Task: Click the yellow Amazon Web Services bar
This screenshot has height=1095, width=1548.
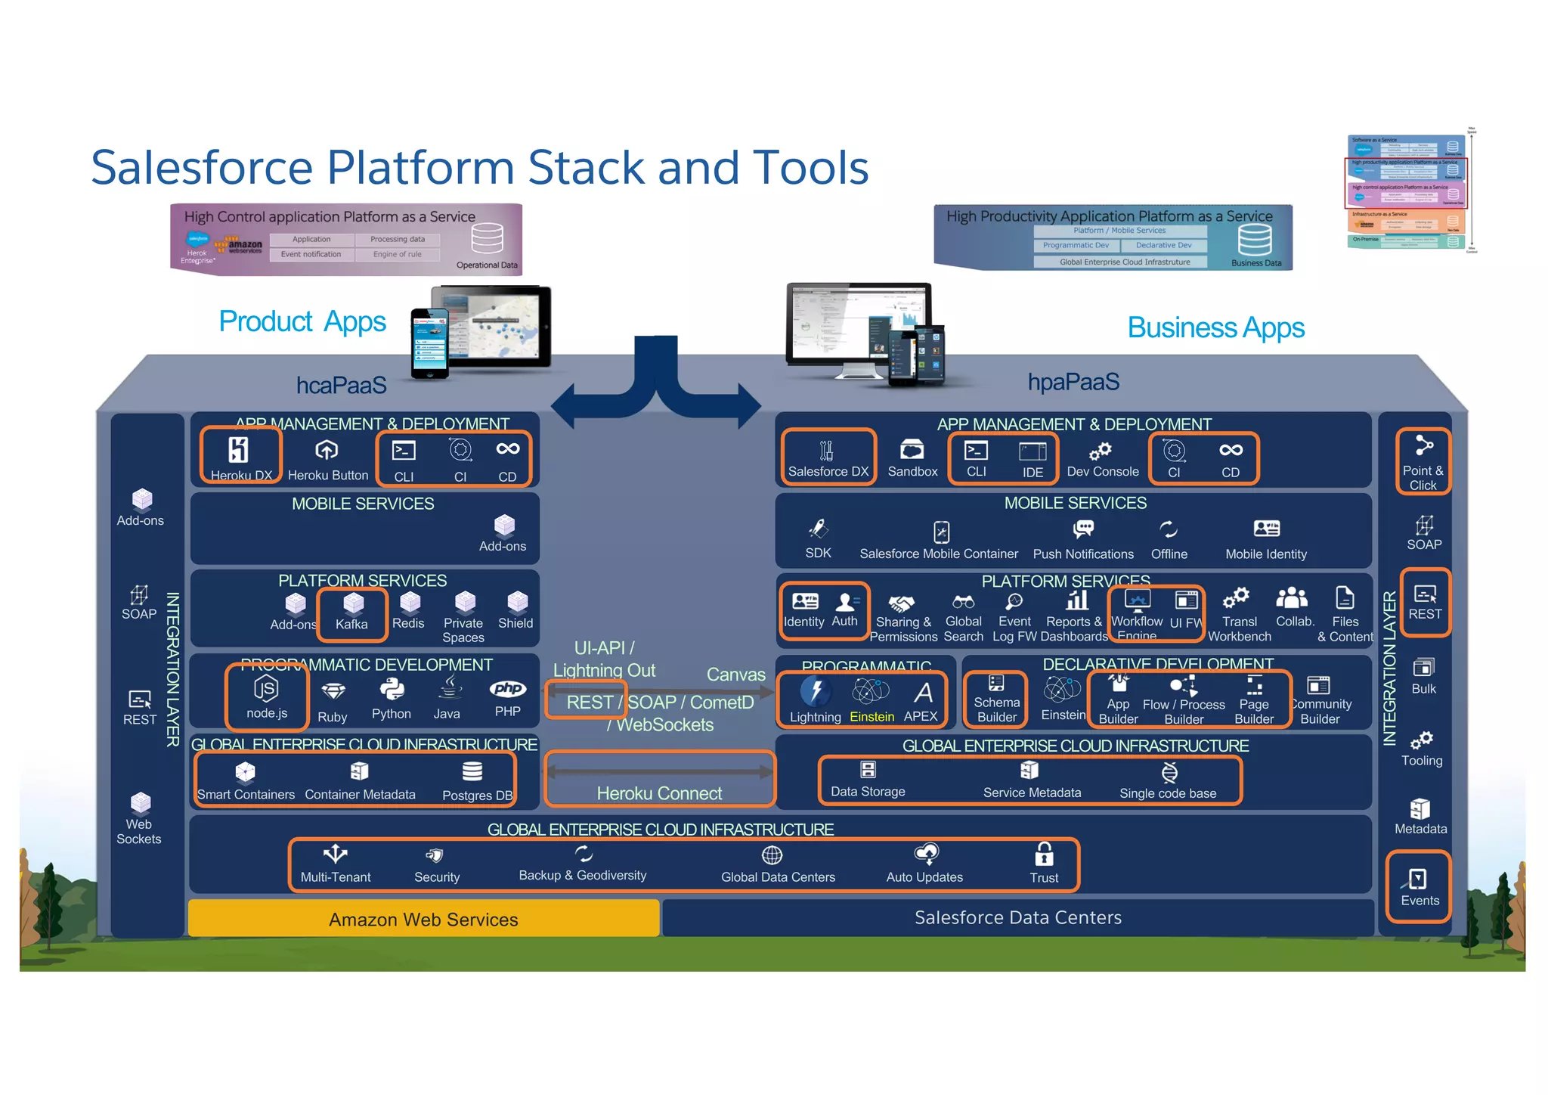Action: click(423, 919)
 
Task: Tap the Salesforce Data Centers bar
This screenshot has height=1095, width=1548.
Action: click(1017, 917)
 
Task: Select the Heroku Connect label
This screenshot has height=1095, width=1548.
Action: click(659, 793)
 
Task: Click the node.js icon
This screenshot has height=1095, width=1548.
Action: click(266, 688)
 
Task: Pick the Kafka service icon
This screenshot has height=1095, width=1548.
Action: click(353, 603)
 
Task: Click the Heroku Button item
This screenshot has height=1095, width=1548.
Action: click(327, 451)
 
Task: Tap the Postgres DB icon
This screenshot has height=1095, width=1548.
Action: click(472, 771)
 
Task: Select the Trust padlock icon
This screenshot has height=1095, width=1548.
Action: click(1044, 855)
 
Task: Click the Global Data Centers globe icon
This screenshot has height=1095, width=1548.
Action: click(772, 855)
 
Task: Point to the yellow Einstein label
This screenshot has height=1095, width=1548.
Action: click(872, 717)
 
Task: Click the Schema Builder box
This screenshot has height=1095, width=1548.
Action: click(996, 700)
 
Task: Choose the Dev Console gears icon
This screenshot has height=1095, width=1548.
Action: click(1100, 451)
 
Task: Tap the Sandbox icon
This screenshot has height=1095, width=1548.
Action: click(912, 450)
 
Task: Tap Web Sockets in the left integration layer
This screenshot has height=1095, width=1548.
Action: click(139, 820)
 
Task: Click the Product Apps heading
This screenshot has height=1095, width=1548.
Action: click(302, 321)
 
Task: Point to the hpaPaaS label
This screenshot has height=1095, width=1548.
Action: click(1073, 383)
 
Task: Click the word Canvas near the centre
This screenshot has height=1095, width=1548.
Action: click(735, 675)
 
